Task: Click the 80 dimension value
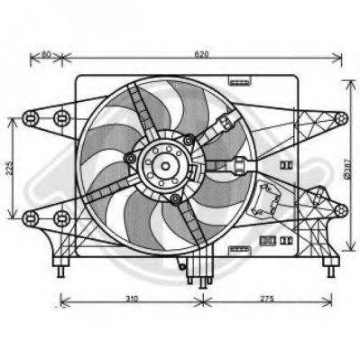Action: tap(46, 54)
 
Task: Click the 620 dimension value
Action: tap(202, 54)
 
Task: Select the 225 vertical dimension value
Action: tap(10, 168)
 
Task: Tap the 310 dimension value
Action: tap(132, 299)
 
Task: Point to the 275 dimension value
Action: tap(267, 299)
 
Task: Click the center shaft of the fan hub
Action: tap(165, 166)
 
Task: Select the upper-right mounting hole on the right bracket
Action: tap(341, 118)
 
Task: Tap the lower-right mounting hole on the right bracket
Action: tap(341, 210)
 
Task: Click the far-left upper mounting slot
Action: tap(31, 118)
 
